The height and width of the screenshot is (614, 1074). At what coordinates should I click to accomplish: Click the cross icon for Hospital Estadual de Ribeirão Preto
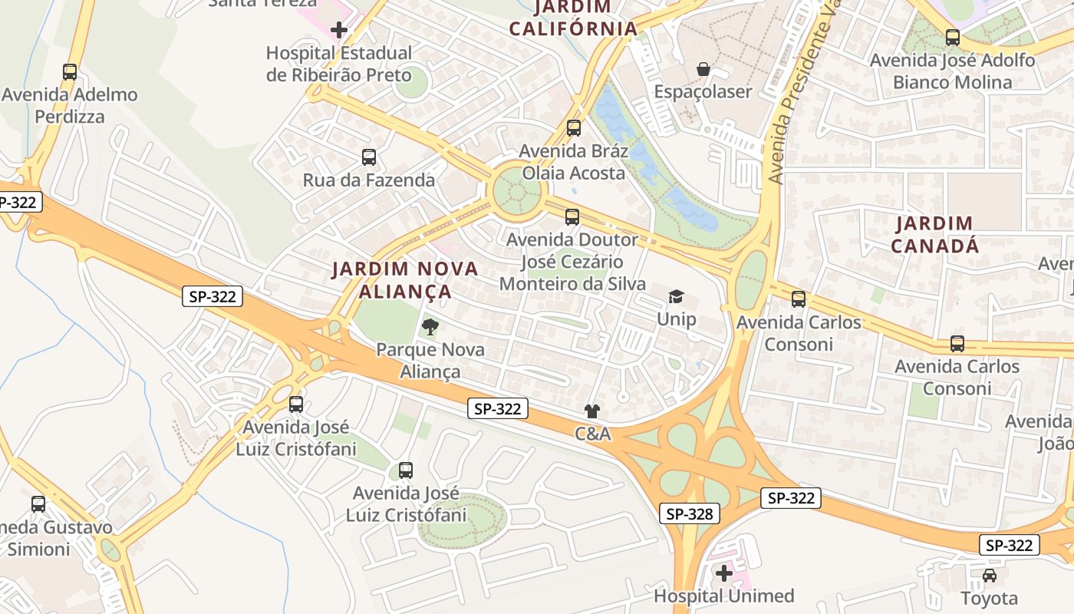coord(339,31)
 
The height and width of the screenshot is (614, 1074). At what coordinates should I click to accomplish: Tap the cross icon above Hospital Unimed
coord(724,573)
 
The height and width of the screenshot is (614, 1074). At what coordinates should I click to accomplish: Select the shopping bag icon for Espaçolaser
coord(703,70)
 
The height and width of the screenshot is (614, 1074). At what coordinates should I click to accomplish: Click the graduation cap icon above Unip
coord(676,297)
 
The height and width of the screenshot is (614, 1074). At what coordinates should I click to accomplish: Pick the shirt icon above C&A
coord(592,411)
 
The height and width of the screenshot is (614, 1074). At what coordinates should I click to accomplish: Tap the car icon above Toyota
coord(990,576)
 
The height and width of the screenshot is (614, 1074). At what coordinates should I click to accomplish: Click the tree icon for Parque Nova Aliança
coord(430,327)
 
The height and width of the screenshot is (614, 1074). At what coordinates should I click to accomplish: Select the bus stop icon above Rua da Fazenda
coord(369,157)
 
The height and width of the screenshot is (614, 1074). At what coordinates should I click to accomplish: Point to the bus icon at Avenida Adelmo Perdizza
coord(70,72)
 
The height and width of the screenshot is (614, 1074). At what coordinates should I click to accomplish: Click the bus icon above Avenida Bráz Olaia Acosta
coord(574,128)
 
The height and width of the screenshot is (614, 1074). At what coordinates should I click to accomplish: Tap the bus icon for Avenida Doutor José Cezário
coord(572,217)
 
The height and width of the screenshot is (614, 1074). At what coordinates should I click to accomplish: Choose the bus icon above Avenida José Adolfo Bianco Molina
coord(953,37)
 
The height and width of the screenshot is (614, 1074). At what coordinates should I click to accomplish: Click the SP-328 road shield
coord(689,514)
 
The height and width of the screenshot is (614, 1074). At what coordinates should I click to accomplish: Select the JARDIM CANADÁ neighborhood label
coord(934,235)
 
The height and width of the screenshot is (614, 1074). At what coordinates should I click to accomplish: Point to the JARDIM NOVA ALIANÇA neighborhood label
coord(404,280)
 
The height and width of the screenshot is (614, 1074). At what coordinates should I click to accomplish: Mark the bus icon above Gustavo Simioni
coord(38,504)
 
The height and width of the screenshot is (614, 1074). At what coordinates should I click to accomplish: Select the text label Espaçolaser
coord(703,92)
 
